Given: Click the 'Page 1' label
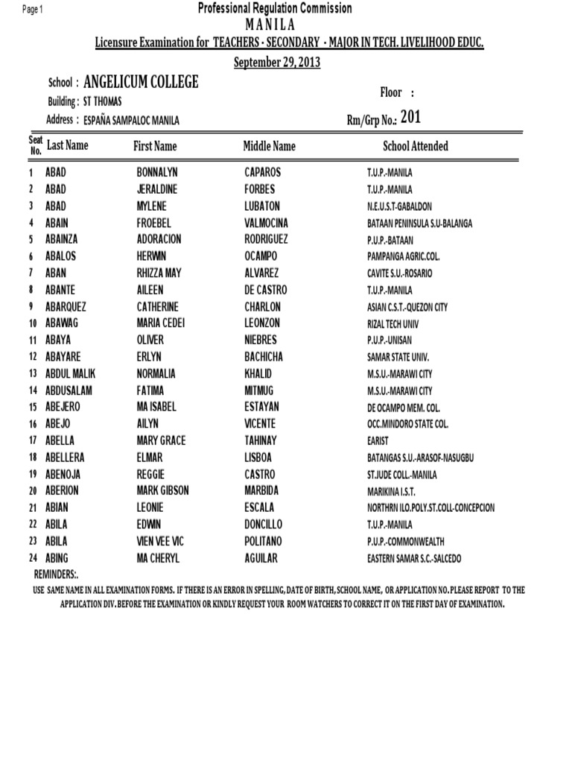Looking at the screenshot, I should pos(33,9).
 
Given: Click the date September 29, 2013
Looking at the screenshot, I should pos(277,63).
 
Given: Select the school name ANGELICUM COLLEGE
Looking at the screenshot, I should pos(142,83).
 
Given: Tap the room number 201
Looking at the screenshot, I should pos(410,117).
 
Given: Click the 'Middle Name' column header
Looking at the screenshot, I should pos(269,147).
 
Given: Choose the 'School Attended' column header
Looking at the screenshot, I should pos(416,147).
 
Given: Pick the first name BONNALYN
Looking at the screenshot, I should pos(157,172).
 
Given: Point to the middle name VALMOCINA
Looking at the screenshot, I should pos(266,223).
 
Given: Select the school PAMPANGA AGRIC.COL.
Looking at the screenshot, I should pos(404,256).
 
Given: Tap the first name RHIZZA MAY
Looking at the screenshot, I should pos(159,273).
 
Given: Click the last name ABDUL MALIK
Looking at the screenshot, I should pos(70,374).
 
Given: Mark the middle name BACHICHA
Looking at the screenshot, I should pos(264,357).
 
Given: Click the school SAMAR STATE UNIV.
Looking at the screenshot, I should pos(398,357).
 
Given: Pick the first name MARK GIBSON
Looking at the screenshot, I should pos(162,491).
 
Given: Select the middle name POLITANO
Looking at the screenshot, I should pos(264,542).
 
